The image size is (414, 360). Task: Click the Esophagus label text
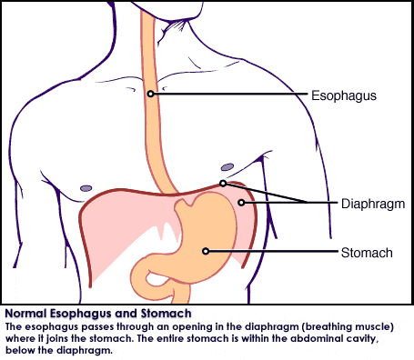[x=344, y=95]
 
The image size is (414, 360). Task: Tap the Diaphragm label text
[x=373, y=204]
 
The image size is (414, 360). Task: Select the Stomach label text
[x=367, y=253]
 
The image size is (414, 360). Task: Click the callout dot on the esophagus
[x=150, y=94]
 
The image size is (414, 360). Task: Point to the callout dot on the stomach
[x=206, y=251]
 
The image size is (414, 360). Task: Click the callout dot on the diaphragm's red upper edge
[x=223, y=184]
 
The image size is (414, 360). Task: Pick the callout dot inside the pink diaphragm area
[x=241, y=203]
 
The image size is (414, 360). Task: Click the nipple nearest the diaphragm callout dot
[x=227, y=167]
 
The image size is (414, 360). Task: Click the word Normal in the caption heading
[x=25, y=314]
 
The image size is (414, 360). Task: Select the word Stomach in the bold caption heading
[x=166, y=314]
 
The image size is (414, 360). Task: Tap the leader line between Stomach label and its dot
[x=273, y=251]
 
